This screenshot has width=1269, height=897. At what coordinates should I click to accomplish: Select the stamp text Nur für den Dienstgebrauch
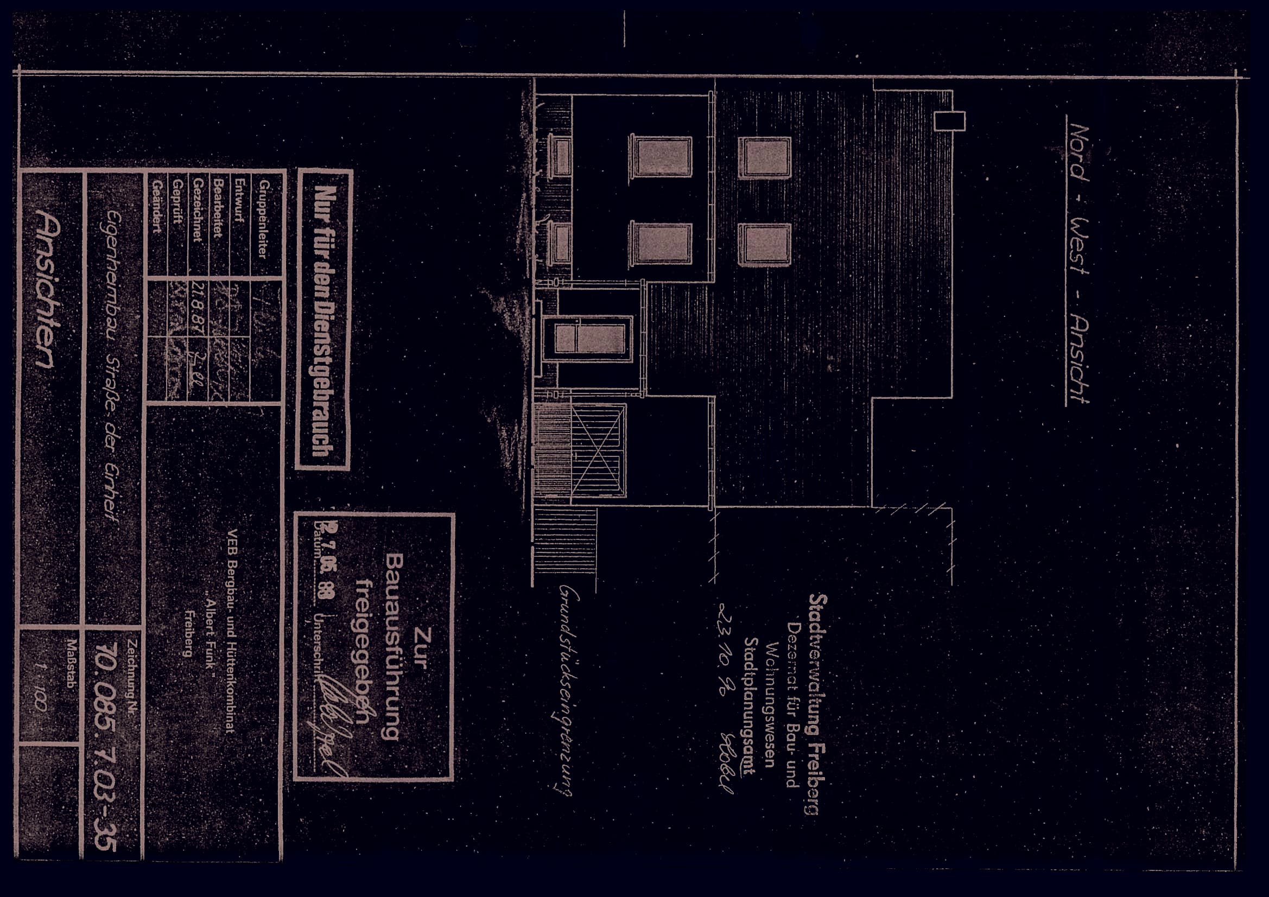[x=323, y=320]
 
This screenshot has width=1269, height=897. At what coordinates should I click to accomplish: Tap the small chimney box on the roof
[x=949, y=120]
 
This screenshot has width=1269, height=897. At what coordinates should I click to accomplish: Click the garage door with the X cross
[x=599, y=450]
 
